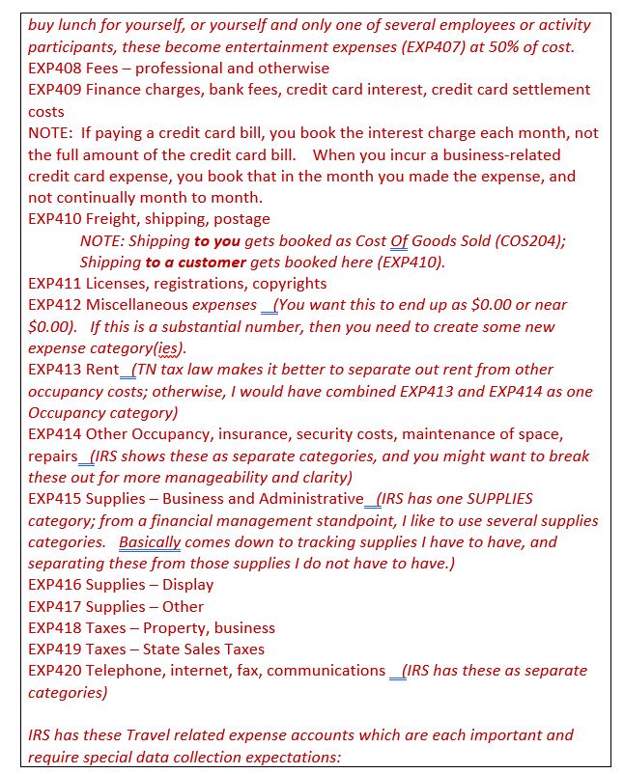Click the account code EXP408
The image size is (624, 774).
click(54, 68)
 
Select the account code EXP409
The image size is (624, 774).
click(54, 90)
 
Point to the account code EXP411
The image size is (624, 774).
click(54, 284)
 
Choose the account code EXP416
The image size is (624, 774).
click(54, 585)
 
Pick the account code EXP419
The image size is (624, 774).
click(54, 650)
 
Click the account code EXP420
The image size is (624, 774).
click(54, 671)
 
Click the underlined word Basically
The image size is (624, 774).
click(150, 542)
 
